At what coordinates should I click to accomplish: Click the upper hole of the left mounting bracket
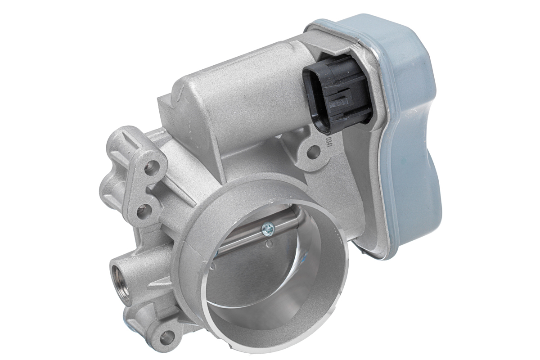coord(152,167)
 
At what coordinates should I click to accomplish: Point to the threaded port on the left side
coord(121,281)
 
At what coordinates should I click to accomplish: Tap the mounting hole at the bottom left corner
coord(167,335)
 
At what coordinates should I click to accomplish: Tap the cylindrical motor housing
coord(243,99)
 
